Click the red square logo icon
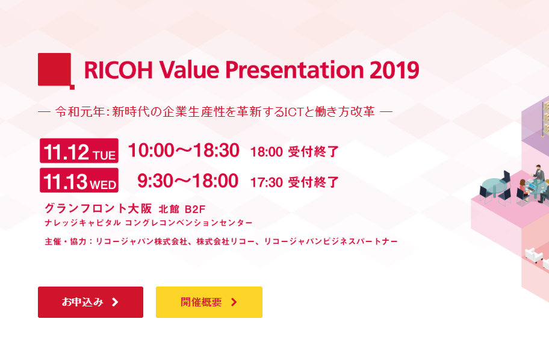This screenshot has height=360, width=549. tap(55, 70)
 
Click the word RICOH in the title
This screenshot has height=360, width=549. tap(119, 70)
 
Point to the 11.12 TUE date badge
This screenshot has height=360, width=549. tap(79, 151)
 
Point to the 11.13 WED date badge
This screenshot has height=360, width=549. tap(79, 181)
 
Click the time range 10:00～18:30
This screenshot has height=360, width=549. tap(184, 151)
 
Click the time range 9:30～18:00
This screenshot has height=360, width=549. tap(188, 181)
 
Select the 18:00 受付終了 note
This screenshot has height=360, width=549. tap(294, 152)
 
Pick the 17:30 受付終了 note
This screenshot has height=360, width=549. tap(294, 182)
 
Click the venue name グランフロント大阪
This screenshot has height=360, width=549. tap(98, 208)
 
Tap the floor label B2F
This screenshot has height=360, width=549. tap(195, 209)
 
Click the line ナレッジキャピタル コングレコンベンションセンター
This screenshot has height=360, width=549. tap(149, 223)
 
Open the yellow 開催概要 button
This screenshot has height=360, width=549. tap(209, 302)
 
